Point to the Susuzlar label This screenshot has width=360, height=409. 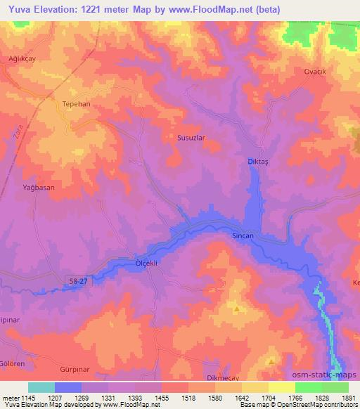click(190, 138)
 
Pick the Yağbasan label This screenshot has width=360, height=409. click(38, 188)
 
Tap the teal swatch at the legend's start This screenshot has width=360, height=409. click(41, 387)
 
